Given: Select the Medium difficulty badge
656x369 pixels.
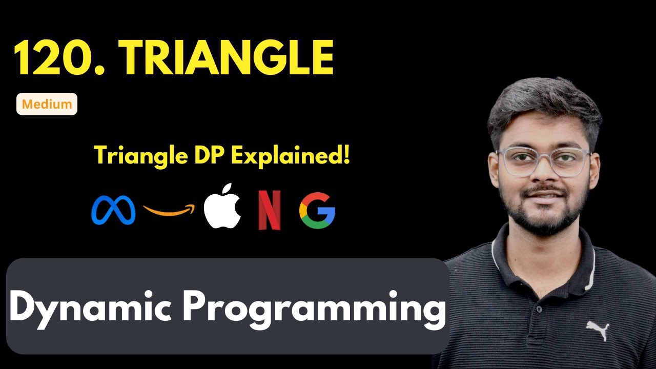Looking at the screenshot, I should tap(47, 104).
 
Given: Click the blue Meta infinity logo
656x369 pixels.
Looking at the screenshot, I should tap(113, 210).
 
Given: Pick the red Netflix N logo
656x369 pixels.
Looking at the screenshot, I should tap(269, 210).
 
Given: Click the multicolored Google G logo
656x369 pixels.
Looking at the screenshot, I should tap(317, 210).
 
